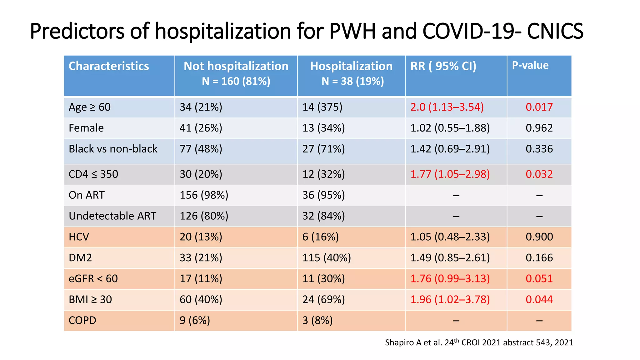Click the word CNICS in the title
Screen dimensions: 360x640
coord(555,31)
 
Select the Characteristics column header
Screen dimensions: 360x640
coord(109,66)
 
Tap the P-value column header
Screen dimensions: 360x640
coord(530,65)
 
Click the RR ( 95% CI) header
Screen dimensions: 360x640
coord(443,66)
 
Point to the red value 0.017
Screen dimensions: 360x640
coord(539,107)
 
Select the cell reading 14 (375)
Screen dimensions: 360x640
coord(322,107)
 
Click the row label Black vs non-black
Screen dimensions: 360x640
coord(113,149)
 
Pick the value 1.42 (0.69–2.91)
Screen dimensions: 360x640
coord(450,149)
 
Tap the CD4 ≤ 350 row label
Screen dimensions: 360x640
coord(93,174)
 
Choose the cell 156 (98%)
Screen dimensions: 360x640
coord(204,195)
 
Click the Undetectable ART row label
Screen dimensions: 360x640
coord(112,216)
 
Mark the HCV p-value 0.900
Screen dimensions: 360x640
coord(539,237)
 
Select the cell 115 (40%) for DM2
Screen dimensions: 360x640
coord(327,258)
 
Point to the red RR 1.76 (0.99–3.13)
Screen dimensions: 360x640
coord(450,279)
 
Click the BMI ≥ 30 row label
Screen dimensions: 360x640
coord(90,300)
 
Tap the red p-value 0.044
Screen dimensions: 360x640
coord(539,300)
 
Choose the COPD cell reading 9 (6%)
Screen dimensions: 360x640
coord(195,321)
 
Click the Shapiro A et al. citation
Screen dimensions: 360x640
coord(479,342)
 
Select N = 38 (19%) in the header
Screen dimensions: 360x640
coord(352,81)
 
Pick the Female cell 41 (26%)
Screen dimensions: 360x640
coord(201,128)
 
